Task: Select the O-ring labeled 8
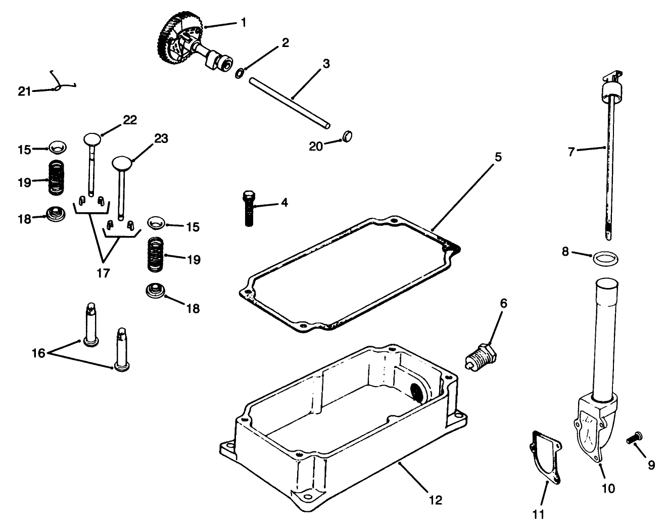tap(605, 258)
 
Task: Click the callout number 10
tap(608, 489)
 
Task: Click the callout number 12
tap(435, 500)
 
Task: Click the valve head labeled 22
tap(92, 138)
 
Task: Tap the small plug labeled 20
tap(347, 136)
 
